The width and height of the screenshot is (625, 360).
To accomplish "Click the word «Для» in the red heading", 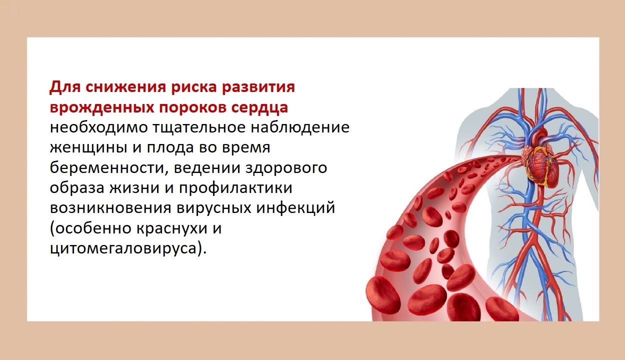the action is pyautogui.click(x=64, y=87).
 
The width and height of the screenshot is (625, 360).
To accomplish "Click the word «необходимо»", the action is pyautogui.click(x=99, y=128).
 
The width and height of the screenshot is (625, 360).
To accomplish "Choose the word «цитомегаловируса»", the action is pyautogui.click(x=123, y=248).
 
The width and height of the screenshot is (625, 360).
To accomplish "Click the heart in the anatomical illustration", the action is pyautogui.click(x=540, y=165).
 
